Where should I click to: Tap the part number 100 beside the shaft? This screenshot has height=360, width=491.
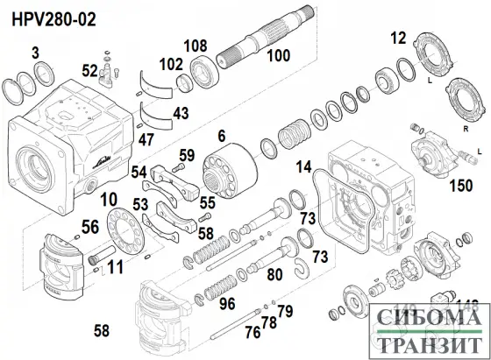tap(278, 55)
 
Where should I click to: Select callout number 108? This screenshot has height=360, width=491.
tap(195, 45)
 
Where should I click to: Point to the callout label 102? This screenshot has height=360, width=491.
tap(172, 63)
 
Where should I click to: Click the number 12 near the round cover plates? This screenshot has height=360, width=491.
tap(399, 38)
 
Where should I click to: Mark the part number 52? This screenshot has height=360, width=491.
tap(90, 70)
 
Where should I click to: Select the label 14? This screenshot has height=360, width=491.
tap(303, 167)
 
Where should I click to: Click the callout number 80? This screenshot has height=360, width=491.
tap(274, 275)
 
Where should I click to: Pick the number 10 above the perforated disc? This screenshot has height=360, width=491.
tap(108, 201)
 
